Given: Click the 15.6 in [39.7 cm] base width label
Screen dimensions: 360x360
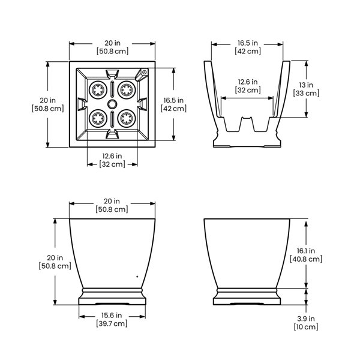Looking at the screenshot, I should (111, 319).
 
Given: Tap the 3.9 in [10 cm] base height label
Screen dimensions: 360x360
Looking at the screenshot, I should (306, 323).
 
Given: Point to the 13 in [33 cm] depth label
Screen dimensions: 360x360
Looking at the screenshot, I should (306, 89).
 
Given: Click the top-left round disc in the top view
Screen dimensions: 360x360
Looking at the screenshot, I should (97, 90).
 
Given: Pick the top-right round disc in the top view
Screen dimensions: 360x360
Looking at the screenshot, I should (127, 90).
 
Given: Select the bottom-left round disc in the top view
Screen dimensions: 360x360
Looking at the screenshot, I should (97, 117).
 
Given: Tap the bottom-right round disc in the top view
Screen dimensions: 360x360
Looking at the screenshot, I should (127, 117).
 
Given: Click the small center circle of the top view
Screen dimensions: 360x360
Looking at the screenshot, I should (112, 104).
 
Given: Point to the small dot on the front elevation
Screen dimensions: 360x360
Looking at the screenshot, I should (137, 277).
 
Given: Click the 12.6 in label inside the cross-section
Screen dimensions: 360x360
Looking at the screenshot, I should (248, 86).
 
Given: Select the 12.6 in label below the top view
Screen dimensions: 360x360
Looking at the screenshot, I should (111, 160).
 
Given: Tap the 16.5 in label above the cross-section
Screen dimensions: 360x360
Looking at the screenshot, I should (247, 47).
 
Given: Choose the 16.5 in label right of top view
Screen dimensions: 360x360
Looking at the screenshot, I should (173, 104).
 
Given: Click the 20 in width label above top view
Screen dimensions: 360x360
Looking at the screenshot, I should (112, 47).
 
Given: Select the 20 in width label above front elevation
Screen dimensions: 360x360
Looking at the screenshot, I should (112, 205).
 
